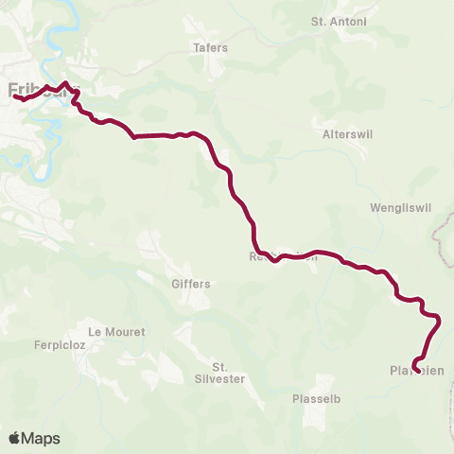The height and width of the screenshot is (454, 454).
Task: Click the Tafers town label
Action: pos(210,47)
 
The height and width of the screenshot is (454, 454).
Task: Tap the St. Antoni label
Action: pos(331,21)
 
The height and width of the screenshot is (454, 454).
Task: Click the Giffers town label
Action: pos(190,283)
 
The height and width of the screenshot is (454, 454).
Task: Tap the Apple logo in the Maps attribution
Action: pos(14,439)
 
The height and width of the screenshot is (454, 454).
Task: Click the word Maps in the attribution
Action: pos(42,439)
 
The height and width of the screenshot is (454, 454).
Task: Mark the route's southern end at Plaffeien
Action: pos(416,358)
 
